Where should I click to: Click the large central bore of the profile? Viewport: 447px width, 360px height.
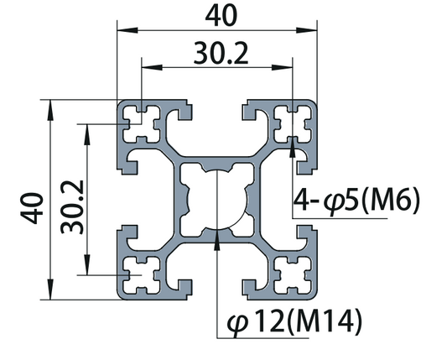coord(217,198)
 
